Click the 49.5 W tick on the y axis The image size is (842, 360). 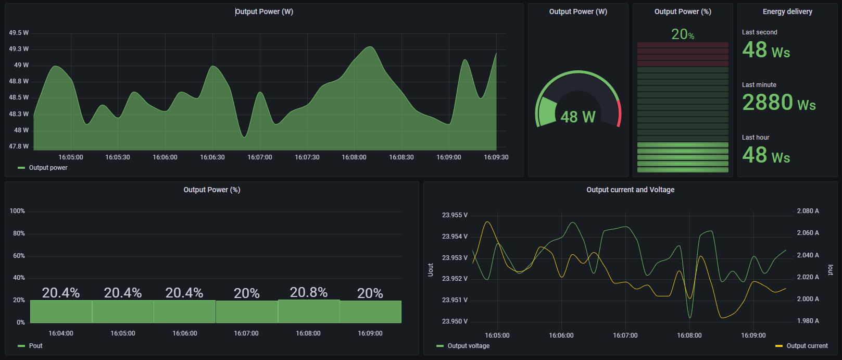pyautogui.click(x=19, y=33)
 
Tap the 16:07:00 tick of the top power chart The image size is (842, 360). pyautogui.click(x=259, y=157)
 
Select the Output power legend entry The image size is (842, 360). pyautogui.click(x=48, y=168)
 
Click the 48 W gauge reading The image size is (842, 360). pyautogui.click(x=578, y=117)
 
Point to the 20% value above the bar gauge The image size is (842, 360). pyautogui.click(x=682, y=34)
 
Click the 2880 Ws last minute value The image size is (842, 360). pyautogui.click(x=778, y=103)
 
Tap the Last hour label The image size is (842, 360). pyautogui.click(x=756, y=138)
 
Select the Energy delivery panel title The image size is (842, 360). pyautogui.click(x=787, y=11)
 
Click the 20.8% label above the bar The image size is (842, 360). pyautogui.click(x=309, y=292)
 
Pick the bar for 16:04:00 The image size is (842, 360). pyautogui.click(x=61, y=312)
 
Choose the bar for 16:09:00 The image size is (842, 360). pyautogui.click(x=370, y=312)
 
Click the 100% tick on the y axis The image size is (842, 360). pyautogui.click(x=17, y=211)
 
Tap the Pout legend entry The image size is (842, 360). pyautogui.click(x=35, y=346)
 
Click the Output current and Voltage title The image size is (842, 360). pyautogui.click(x=630, y=190)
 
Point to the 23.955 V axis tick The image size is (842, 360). pyautogui.click(x=455, y=215)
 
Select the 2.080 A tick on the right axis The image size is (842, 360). pyautogui.click(x=808, y=211)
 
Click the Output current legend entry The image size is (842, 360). pyautogui.click(x=807, y=346)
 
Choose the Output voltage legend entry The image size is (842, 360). pyautogui.click(x=468, y=346)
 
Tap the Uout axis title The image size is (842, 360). pyautogui.click(x=431, y=269)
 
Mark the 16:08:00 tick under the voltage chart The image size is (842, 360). pyautogui.click(x=689, y=336)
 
